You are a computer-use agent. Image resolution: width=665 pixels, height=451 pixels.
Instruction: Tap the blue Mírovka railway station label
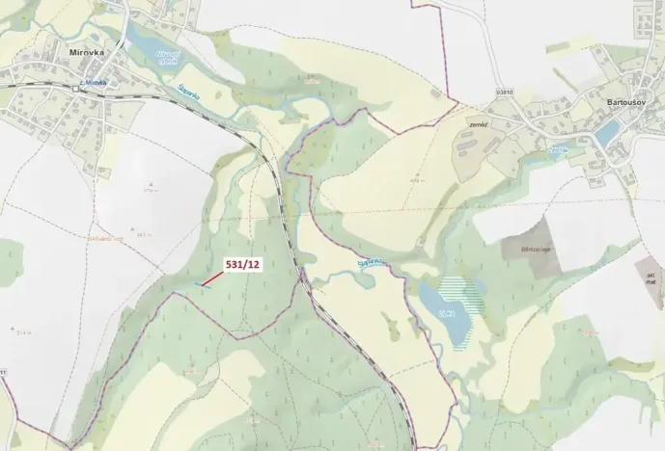[x=94, y=83]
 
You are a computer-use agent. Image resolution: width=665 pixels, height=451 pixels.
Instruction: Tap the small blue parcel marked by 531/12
[x=203, y=284]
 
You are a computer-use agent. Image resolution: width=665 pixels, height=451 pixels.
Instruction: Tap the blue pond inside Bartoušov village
[x=607, y=134]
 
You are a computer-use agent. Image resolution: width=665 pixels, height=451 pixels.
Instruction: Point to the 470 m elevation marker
[x=151, y=190]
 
